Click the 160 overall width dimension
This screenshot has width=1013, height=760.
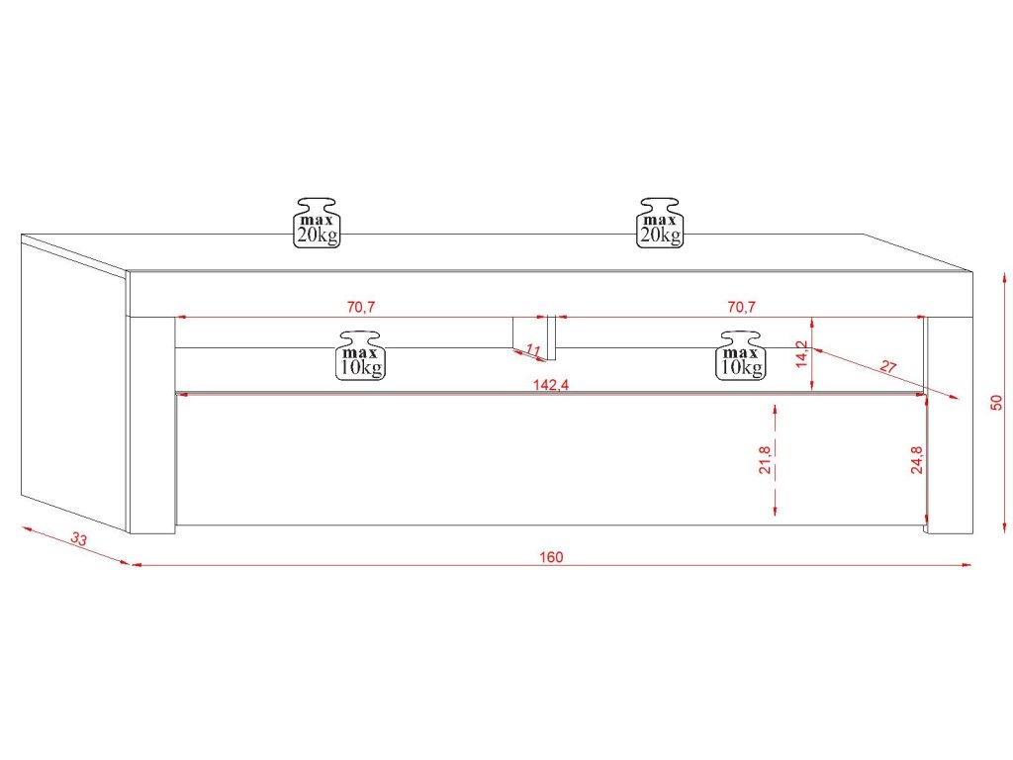click(x=551, y=557)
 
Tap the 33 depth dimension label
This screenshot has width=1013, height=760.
click(x=80, y=540)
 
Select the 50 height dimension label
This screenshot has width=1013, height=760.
click(x=997, y=401)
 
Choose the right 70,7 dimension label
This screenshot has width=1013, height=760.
click(x=741, y=307)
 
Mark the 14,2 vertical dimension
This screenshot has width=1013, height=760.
click(x=802, y=354)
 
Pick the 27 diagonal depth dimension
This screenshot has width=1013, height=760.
click(x=887, y=367)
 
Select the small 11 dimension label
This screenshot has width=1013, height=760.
click(x=532, y=350)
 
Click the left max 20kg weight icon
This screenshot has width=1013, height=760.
click(x=317, y=222)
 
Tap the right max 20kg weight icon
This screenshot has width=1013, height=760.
click(x=660, y=222)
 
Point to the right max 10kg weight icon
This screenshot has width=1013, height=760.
click(x=742, y=355)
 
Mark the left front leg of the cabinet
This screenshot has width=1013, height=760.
click(x=152, y=426)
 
